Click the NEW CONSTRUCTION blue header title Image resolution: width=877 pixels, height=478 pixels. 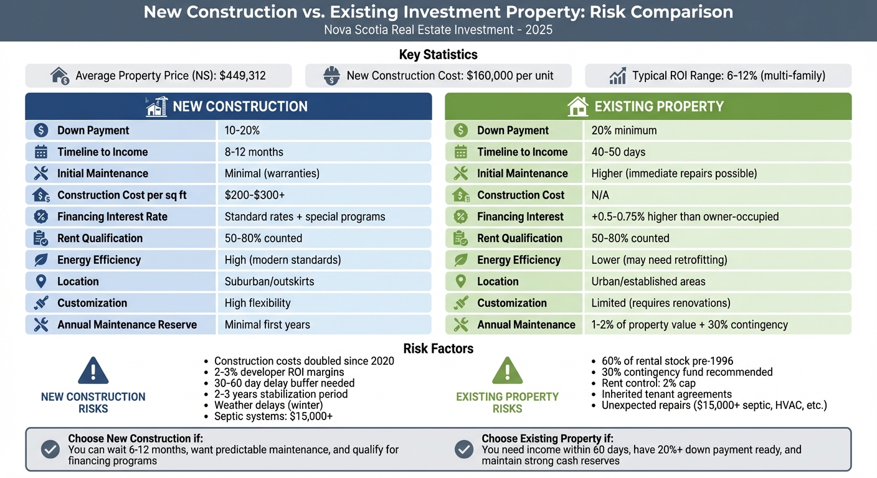(x=240, y=106)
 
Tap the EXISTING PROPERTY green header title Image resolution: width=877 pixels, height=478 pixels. (x=659, y=106)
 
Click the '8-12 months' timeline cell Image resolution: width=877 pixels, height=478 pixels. (x=254, y=152)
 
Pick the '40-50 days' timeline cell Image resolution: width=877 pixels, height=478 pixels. (x=618, y=152)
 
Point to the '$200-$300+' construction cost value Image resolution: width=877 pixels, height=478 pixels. (x=254, y=195)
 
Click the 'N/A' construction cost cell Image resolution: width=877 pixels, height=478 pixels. (x=600, y=195)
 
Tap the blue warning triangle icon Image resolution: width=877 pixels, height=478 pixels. (x=93, y=372)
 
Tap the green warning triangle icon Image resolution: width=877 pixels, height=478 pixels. (x=507, y=372)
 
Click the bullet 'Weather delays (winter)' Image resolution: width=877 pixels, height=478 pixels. (x=268, y=405)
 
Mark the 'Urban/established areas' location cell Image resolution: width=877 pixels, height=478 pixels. (x=648, y=281)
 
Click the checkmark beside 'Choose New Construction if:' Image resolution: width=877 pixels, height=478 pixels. (x=50, y=449)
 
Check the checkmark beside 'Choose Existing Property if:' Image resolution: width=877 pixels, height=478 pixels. (x=464, y=449)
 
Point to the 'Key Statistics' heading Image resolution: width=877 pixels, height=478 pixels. (x=438, y=55)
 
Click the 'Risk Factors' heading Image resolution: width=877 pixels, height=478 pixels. (x=438, y=349)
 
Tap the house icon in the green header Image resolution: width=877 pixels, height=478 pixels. (x=578, y=106)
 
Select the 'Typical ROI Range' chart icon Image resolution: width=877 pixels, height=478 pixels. (x=617, y=76)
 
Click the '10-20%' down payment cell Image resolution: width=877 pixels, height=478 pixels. (x=242, y=130)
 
